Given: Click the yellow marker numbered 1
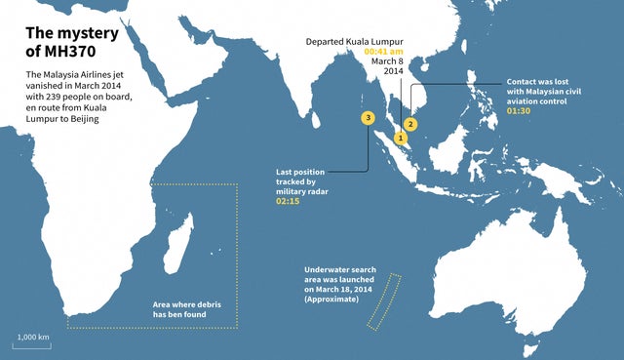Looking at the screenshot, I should [400, 140].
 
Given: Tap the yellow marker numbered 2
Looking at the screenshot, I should [410, 124].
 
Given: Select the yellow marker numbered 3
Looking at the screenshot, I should [367, 118].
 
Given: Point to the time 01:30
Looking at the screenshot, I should [519, 110].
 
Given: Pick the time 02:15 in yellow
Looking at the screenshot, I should [290, 202].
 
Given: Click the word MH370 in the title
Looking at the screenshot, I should [69, 54].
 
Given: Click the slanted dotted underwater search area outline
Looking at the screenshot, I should [384, 300].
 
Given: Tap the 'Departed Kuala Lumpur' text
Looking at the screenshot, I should [355, 41].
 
